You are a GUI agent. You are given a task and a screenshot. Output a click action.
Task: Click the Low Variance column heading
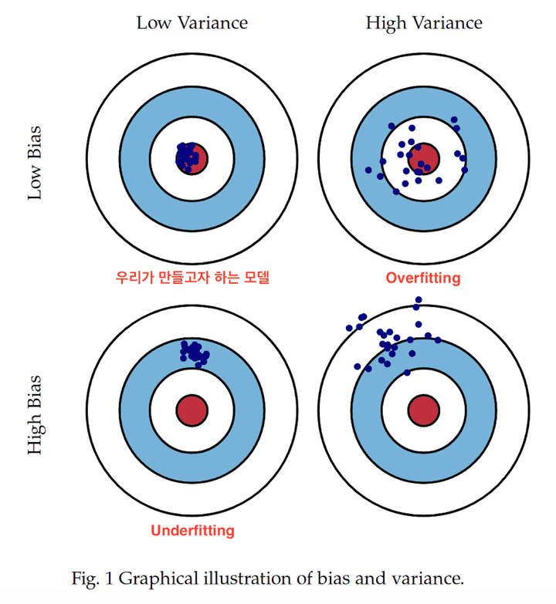point(192,22)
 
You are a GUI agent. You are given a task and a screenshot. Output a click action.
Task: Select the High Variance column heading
point(423,22)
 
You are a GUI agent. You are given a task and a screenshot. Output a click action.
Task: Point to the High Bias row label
point(35,414)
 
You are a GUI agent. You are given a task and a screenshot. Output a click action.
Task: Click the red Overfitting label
point(422,278)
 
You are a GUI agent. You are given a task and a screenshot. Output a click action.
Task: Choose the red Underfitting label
point(192,531)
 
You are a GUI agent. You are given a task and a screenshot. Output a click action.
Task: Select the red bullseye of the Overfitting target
point(424,157)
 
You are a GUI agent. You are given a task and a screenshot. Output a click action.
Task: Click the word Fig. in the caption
point(84,578)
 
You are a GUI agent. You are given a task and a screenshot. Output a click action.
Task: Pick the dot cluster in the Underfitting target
point(193,352)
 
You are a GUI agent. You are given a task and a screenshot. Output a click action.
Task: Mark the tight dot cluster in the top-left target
point(186,156)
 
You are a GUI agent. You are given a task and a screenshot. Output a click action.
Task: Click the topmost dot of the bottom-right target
point(419,299)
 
